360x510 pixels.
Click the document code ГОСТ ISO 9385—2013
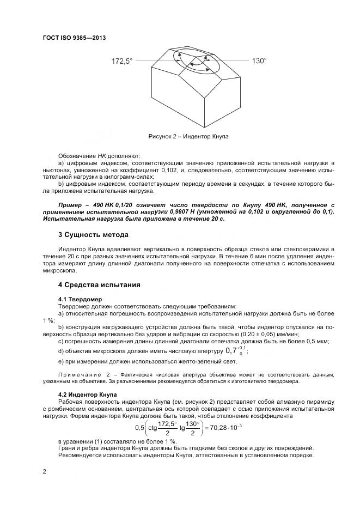coord(74,38)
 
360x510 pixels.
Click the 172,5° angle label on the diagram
coord(122,62)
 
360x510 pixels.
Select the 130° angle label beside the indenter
coord(259,61)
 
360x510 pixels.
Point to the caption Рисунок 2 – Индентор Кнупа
coord(188,136)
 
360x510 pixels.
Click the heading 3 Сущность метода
coord(93,235)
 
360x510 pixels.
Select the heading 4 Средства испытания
coord(99,284)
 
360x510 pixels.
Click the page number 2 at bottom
coord(44,472)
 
